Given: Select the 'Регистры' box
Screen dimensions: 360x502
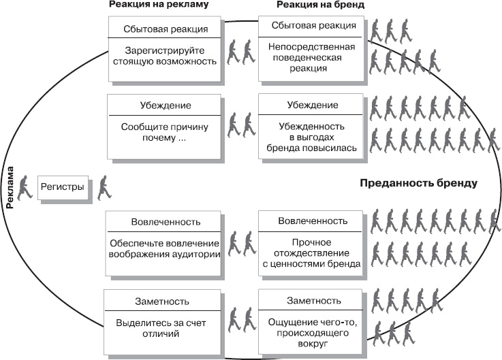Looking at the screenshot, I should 63,186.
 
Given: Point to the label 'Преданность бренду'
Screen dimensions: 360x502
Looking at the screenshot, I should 418,183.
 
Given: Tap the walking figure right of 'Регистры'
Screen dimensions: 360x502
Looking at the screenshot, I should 105,187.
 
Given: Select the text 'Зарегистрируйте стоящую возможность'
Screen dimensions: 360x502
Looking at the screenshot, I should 164,55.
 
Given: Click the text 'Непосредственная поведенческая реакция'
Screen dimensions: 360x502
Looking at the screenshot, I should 313,58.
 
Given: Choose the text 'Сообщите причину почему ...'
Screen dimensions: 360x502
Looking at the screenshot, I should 164,132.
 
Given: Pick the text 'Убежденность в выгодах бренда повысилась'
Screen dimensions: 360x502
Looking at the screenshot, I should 313,137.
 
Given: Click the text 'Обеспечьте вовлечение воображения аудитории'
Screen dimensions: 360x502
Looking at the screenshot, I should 164,249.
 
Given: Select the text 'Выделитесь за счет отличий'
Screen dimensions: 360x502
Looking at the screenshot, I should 161,329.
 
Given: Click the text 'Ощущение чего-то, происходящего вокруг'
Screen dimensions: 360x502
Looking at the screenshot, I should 313,333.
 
